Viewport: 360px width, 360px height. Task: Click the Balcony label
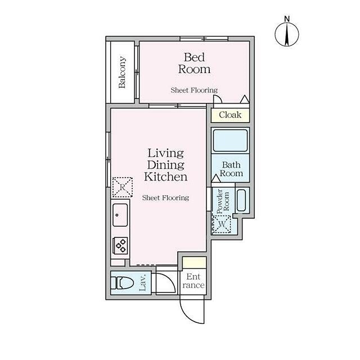[x=122, y=72]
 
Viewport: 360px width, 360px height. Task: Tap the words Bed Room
[x=194, y=63]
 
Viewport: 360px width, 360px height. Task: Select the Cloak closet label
[x=230, y=115]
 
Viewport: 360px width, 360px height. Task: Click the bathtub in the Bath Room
[x=230, y=141]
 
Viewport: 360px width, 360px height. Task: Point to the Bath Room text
[x=231, y=169]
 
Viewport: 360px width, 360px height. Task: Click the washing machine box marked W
[x=222, y=224]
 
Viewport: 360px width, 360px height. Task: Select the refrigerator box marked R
[x=123, y=187]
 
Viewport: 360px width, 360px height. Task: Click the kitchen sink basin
[x=120, y=215]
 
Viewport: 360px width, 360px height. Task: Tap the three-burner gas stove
[x=120, y=245]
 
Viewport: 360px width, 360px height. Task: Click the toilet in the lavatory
[x=122, y=283]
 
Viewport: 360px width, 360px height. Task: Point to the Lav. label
[x=142, y=282]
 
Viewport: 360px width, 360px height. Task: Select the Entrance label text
[x=193, y=281]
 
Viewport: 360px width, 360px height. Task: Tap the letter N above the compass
[x=287, y=19]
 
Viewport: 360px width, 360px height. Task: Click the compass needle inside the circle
[x=287, y=34]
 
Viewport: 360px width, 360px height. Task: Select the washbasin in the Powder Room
[x=241, y=200]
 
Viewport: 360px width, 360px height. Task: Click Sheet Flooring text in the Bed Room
[x=194, y=90]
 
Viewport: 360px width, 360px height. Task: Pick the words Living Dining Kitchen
[x=165, y=165]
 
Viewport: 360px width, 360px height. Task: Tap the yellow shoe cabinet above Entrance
[x=195, y=263]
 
